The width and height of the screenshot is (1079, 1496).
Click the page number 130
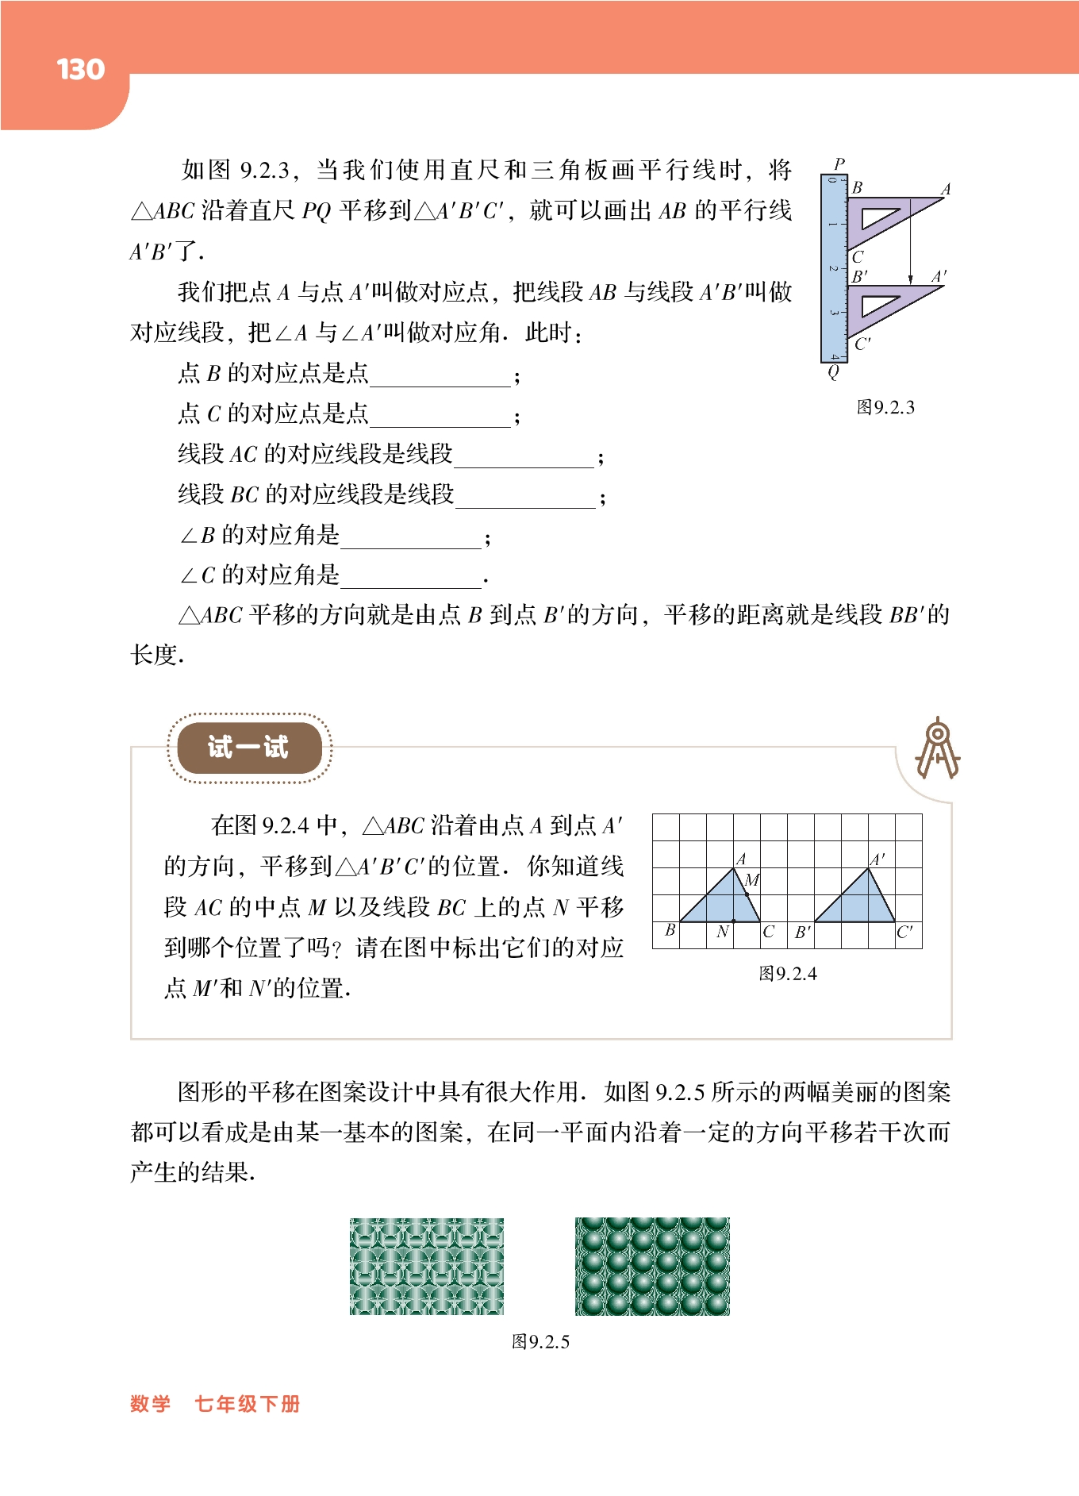click(81, 70)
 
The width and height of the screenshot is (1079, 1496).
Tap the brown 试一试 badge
click(248, 748)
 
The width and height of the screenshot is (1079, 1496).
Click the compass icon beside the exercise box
click(937, 748)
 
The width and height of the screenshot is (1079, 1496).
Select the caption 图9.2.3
click(885, 408)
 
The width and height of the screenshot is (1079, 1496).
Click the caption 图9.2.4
click(787, 974)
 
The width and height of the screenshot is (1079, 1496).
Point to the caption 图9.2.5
click(540, 1342)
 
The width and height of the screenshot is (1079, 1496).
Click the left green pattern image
click(427, 1267)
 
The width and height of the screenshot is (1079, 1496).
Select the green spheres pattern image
click(652, 1267)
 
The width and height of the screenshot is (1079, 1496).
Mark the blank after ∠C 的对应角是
click(410, 578)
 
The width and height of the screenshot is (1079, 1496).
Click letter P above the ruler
click(839, 164)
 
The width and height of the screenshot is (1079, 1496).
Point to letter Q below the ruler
click(833, 371)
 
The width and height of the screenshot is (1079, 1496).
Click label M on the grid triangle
click(752, 879)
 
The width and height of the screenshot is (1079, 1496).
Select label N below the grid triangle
click(722, 932)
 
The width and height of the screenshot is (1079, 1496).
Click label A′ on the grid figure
click(877, 860)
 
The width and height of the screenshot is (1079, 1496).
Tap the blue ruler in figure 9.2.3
click(834, 268)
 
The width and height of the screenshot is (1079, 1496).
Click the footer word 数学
click(151, 1404)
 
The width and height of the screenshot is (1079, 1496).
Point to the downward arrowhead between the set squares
click(910, 279)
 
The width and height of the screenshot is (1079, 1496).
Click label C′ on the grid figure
click(904, 932)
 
